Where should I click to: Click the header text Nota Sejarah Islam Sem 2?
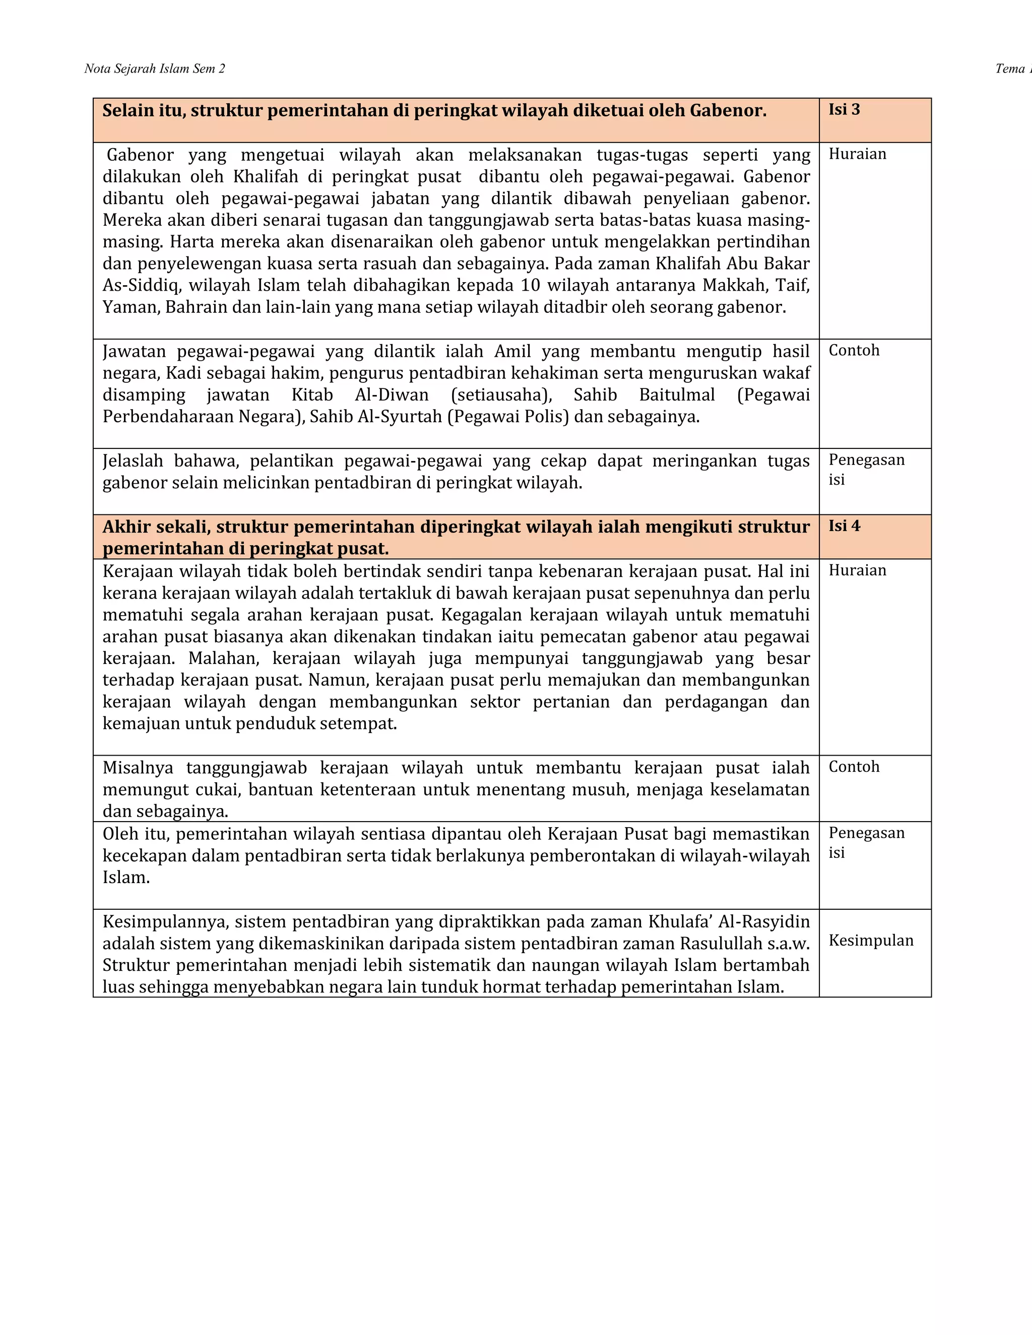pyautogui.click(x=155, y=69)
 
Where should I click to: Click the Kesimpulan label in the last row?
pyautogui.click(x=871, y=940)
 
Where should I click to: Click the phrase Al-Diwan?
pyautogui.click(x=392, y=395)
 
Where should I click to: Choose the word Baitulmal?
pyautogui.click(x=677, y=395)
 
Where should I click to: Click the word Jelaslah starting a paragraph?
pyautogui.click(x=133, y=460)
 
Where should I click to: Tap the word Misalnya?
pyautogui.click(x=138, y=768)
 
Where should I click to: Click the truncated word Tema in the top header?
pyautogui.click(x=1010, y=69)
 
